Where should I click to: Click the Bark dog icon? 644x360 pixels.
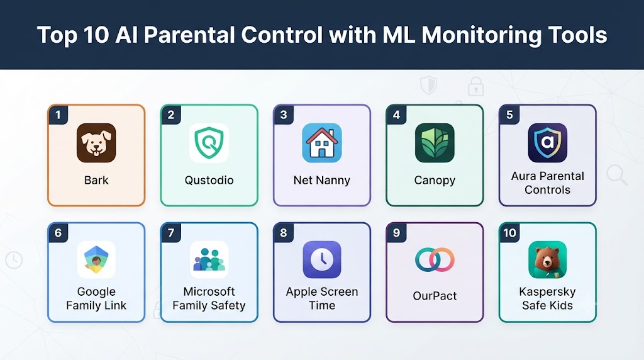coord(96,143)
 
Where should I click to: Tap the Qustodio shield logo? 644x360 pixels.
coord(209,143)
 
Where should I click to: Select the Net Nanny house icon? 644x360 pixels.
coord(322,143)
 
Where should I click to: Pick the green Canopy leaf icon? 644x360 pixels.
coord(435,143)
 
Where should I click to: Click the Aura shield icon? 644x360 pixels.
coord(548,143)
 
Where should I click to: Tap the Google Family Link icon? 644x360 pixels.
coord(96,260)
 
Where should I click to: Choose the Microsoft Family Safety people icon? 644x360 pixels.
coord(209,260)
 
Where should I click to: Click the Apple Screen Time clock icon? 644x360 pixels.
coord(322,260)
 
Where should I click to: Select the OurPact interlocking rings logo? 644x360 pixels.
coord(435,260)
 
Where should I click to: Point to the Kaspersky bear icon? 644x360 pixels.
coord(548,260)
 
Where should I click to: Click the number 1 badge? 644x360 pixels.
coord(58,115)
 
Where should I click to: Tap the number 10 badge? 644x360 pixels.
coord(509,233)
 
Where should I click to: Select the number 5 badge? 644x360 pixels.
coord(509,115)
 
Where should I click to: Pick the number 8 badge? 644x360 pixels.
coord(284,233)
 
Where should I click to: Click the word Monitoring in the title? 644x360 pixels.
coord(481,35)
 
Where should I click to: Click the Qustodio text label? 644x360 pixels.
coord(209,180)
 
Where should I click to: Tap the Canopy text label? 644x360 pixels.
coord(435,181)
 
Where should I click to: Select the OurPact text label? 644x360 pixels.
coord(435,296)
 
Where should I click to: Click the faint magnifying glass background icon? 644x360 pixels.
coord(616,175)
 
